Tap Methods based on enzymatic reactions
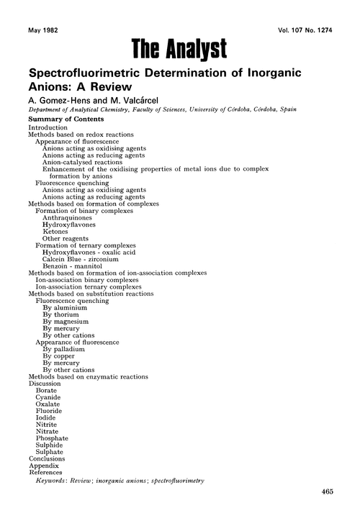point(88,376)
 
